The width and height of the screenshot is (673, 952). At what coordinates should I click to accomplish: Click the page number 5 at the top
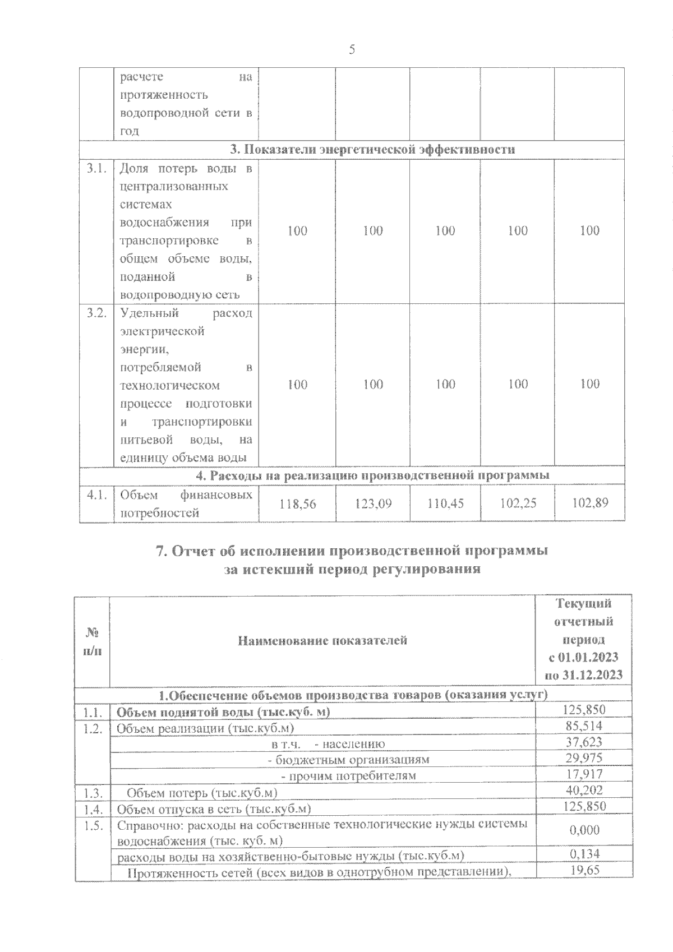(352, 50)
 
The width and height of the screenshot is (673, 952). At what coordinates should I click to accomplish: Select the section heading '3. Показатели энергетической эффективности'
(372, 150)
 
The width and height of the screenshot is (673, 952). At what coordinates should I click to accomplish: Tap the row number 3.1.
(96, 169)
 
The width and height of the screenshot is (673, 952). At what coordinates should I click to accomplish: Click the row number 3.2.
(96, 313)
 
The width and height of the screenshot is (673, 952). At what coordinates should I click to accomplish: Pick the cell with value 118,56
(298, 504)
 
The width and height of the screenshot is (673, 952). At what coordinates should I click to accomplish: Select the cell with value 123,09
(373, 504)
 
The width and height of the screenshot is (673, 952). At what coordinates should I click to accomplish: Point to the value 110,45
(445, 504)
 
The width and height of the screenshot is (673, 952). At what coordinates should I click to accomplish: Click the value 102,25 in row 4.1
(518, 504)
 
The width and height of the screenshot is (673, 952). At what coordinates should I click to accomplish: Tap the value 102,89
(590, 504)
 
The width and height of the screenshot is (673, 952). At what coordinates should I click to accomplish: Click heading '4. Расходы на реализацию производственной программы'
(372, 475)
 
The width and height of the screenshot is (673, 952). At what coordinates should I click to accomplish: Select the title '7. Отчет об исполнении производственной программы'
(352, 551)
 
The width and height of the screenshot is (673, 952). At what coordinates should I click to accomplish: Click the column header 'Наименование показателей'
(322, 640)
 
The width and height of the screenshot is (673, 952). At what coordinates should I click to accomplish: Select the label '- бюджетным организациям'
(349, 760)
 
